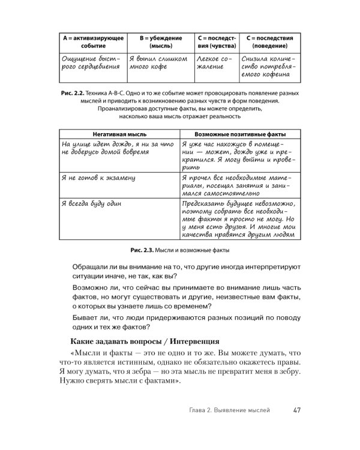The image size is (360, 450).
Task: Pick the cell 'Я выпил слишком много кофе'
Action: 160,64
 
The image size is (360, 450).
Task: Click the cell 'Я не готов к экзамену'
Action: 98,178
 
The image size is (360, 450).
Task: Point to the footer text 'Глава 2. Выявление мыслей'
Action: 229,410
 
